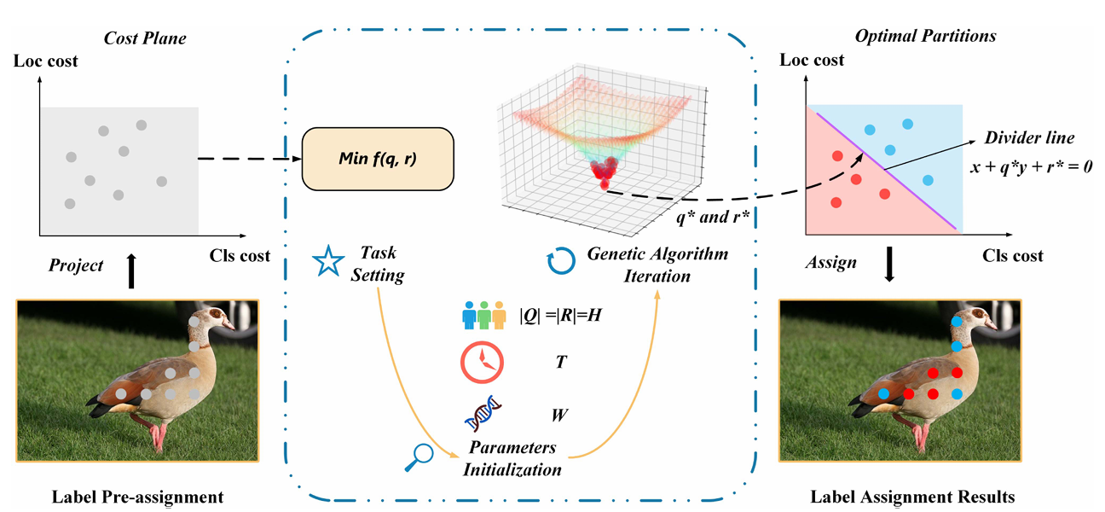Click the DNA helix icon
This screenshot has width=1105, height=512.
[482, 416]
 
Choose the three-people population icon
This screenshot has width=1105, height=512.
[482, 313]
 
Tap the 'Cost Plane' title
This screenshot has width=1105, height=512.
[145, 38]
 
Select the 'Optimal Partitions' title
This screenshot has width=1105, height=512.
[926, 36]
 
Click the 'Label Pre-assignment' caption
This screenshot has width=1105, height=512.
[138, 496]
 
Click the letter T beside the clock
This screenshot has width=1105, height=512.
[560, 362]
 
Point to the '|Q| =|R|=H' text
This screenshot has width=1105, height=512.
[564, 314]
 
